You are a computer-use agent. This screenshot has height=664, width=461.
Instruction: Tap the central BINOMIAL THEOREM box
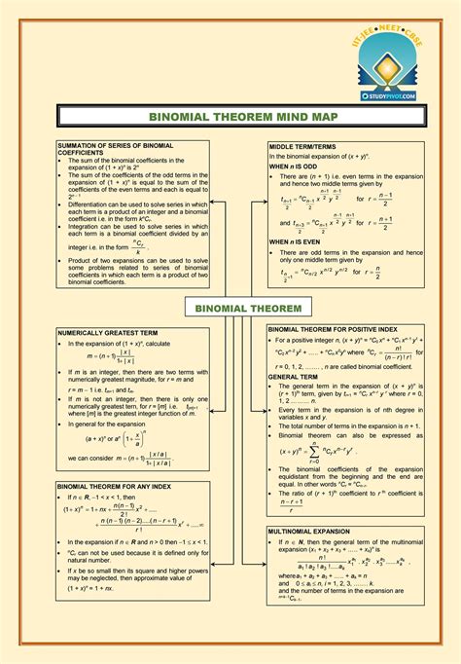(235, 309)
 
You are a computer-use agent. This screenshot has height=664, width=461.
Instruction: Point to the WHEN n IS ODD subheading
(293, 166)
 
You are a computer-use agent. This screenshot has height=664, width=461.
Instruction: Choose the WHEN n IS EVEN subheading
(294, 240)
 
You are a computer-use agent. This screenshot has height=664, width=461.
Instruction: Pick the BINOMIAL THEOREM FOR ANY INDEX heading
(115, 484)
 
